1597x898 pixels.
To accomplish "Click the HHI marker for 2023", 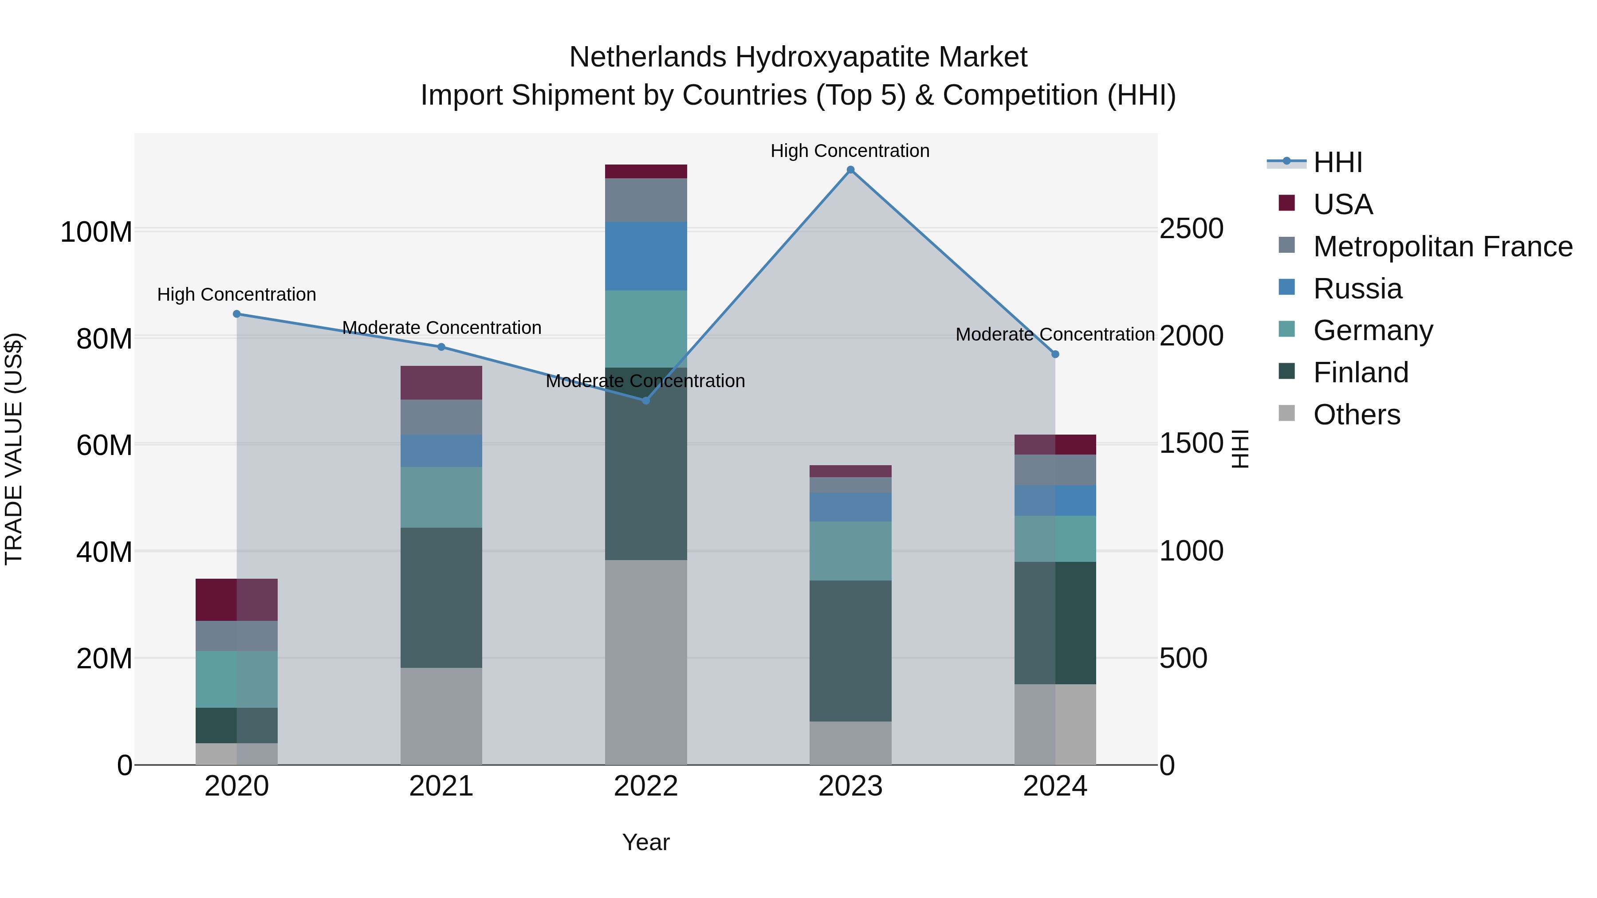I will [x=850, y=170].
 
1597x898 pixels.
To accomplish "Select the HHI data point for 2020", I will [x=237, y=314].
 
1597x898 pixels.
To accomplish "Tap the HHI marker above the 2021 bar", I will [x=441, y=347].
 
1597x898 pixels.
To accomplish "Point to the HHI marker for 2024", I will [x=1055, y=354].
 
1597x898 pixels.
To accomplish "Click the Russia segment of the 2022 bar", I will [x=646, y=256].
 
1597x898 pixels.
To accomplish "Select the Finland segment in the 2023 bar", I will [x=850, y=651].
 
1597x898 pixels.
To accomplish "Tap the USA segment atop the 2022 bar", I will [x=646, y=172].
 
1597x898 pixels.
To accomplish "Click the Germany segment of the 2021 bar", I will [x=441, y=497].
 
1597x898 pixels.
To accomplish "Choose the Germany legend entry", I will [x=1373, y=330].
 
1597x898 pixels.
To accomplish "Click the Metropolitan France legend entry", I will [x=1443, y=247].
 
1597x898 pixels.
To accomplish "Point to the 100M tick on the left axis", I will [x=96, y=232].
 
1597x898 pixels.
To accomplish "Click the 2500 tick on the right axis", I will [x=1192, y=229].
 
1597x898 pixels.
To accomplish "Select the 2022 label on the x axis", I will [x=646, y=786].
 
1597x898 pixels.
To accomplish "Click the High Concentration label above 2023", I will [x=850, y=151].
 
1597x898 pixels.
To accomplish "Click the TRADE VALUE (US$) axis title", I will [x=14, y=449].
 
